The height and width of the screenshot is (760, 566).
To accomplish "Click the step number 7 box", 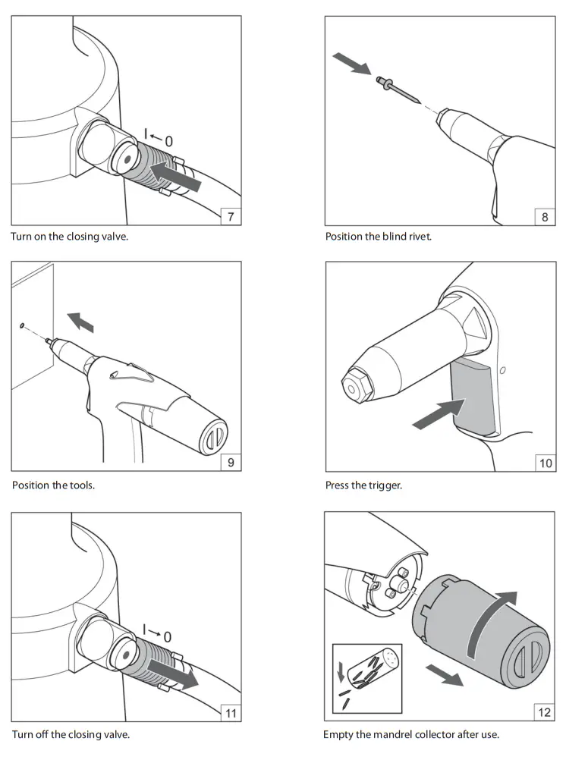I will [x=231, y=217].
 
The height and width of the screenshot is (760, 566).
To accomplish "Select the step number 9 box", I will [x=231, y=462].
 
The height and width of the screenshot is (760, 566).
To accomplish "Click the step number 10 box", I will [x=545, y=462].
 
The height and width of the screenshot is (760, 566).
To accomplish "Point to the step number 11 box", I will [x=231, y=711].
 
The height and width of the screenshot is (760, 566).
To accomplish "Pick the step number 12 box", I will [x=545, y=711].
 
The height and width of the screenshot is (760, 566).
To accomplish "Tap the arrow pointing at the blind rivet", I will [x=354, y=64].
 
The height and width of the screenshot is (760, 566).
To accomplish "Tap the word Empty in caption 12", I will [x=338, y=734].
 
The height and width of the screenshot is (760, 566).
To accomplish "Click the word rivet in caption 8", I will [x=418, y=236].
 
